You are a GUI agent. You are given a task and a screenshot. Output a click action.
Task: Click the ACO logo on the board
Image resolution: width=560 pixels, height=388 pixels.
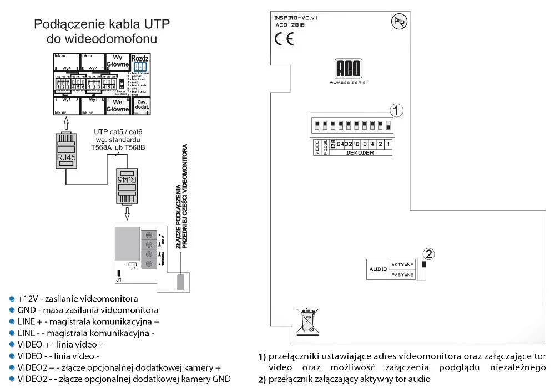click(349, 69)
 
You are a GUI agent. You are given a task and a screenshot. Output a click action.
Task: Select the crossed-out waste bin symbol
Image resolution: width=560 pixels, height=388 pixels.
click(307, 320)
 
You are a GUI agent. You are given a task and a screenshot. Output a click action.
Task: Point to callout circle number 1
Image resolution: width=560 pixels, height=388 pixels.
click(395, 110)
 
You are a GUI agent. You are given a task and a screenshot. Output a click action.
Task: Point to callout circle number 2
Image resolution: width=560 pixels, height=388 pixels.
click(428, 254)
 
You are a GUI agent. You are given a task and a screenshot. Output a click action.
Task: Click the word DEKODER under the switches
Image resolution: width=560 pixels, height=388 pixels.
click(360, 152)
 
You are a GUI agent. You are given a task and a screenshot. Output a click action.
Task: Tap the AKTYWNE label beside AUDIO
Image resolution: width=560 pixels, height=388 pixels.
click(402, 265)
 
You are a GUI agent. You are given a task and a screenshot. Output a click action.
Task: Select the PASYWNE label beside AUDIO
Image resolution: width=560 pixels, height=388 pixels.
click(402, 275)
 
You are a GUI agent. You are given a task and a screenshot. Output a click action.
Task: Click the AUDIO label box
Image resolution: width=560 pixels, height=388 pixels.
click(377, 270)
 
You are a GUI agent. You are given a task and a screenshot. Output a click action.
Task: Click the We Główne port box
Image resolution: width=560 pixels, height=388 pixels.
click(117, 106)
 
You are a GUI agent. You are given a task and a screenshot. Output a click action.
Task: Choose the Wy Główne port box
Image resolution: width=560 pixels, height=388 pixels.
click(117, 61)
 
